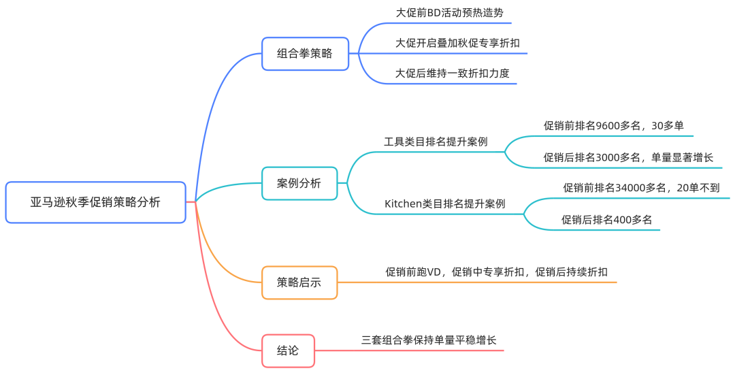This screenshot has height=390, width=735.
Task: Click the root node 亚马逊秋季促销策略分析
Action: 95,202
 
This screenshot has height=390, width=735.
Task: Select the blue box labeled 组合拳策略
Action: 305,53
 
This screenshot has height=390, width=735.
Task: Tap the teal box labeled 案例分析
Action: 299,183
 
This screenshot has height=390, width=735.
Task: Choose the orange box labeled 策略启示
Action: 299,282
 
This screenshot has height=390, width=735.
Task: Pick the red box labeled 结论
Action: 288,351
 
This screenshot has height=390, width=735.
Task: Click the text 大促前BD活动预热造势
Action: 449,13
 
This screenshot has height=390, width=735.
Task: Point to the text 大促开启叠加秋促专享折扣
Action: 457,43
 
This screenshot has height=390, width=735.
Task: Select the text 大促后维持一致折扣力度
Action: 453,73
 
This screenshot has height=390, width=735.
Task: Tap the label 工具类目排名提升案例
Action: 435,142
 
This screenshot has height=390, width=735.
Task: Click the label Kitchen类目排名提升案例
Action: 444,204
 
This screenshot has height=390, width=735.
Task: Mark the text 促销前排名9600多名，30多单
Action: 613,125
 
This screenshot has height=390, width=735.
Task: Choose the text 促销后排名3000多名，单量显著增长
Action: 628,157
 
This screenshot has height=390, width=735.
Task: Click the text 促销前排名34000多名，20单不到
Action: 641,188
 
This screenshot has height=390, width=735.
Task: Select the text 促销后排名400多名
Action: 606,219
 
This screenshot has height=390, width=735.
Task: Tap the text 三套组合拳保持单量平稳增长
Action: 434,340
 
